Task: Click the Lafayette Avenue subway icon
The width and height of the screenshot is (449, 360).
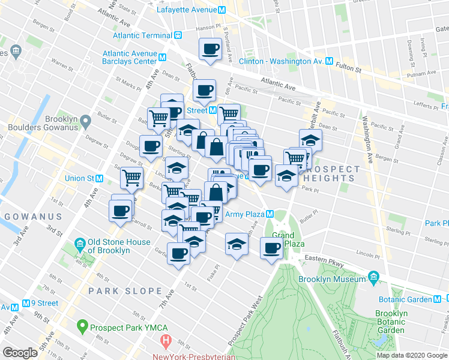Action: click(221, 10)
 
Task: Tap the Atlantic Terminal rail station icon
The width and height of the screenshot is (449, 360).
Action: click(178, 35)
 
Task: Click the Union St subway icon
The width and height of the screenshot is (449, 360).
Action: click(100, 178)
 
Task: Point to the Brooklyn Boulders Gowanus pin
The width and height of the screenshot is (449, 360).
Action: click(85, 123)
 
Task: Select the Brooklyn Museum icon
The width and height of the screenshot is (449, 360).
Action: click(373, 279)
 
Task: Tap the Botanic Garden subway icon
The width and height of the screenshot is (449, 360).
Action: click(438, 299)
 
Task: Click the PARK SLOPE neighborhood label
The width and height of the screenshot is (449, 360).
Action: click(125, 291)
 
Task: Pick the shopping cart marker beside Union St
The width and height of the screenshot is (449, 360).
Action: click(131, 176)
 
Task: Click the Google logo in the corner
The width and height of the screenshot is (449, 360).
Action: click(20, 353)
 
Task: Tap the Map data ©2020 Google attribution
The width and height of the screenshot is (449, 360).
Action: click(412, 355)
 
